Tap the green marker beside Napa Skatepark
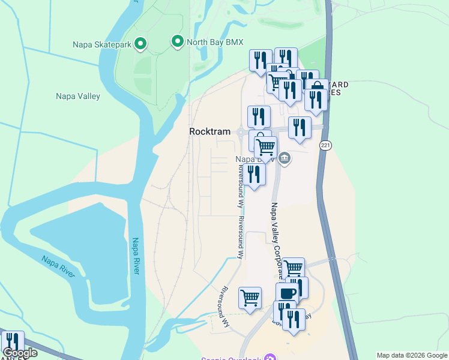tap(140, 43)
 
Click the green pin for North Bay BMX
tap(177, 41)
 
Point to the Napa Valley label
tap(78, 96)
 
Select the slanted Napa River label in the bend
tap(58, 266)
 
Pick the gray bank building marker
tap(285, 159)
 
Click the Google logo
tap(20, 353)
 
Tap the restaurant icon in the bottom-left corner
tap(11, 340)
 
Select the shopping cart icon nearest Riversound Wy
tap(250, 297)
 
